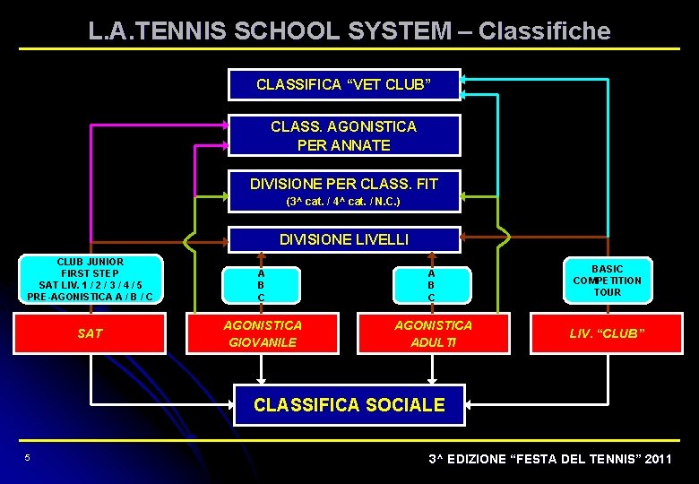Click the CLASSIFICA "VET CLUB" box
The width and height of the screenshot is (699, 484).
(x=344, y=85)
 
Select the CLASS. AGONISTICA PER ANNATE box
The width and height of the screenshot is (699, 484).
(x=344, y=135)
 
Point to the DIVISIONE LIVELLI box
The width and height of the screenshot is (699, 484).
(x=344, y=239)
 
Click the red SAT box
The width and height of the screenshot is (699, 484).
(x=90, y=333)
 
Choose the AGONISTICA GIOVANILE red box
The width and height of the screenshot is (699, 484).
(x=262, y=333)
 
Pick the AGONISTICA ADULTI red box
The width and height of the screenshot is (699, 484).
(x=433, y=333)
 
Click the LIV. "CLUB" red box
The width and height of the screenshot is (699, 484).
(x=607, y=333)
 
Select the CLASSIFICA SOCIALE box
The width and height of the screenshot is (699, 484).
(x=349, y=405)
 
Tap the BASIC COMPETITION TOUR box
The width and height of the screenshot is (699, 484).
(x=607, y=281)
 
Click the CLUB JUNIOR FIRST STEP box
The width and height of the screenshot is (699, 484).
(x=90, y=280)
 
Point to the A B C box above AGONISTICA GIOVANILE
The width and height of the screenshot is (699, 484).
(x=261, y=285)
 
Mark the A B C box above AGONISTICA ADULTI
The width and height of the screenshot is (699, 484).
(x=431, y=285)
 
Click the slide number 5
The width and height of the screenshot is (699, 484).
(x=28, y=459)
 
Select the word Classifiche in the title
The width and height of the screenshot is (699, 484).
(x=544, y=31)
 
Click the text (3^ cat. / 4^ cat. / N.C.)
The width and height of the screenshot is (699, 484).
(x=344, y=202)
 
